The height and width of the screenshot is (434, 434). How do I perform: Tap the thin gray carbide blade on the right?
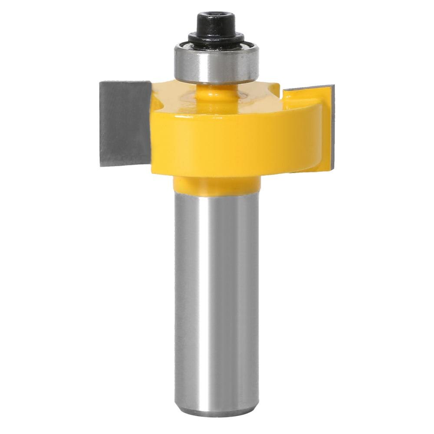click(x=333, y=126)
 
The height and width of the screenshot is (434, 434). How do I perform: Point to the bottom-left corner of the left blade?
click(x=101, y=165)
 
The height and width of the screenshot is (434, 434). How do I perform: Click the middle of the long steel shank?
click(x=216, y=295)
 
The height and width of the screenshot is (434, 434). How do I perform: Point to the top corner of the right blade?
click(x=333, y=86)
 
